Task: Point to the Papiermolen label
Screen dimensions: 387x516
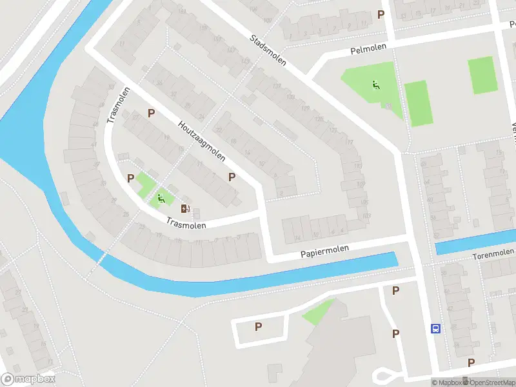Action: [324, 250]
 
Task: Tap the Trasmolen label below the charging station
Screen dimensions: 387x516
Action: [186, 224]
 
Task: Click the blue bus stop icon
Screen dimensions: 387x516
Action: [436, 328]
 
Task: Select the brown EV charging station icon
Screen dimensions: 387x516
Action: [185, 208]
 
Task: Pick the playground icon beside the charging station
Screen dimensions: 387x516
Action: [161, 199]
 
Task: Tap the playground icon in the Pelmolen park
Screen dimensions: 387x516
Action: [375, 84]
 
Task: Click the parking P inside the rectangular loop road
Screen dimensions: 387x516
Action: [258, 326]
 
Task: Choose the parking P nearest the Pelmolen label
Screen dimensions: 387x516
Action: [381, 14]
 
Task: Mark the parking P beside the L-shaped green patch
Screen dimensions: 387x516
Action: [131, 178]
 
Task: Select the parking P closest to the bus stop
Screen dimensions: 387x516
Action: [395, 333]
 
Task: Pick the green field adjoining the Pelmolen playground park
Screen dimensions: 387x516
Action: [417, 103]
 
